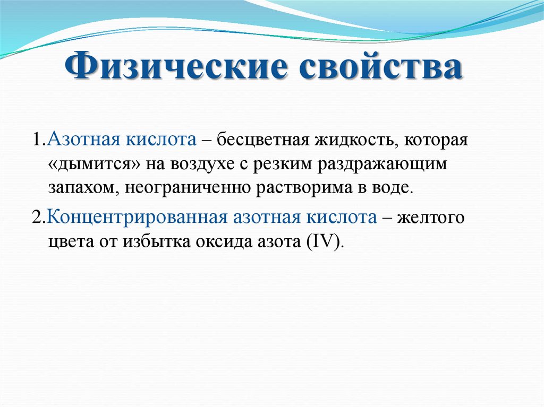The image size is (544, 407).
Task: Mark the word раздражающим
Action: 382,165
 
